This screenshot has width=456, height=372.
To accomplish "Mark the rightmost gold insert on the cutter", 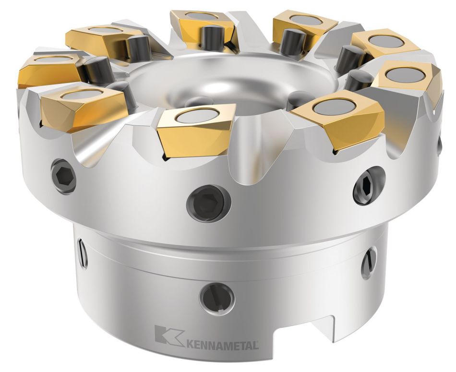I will (x=408, y=82).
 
